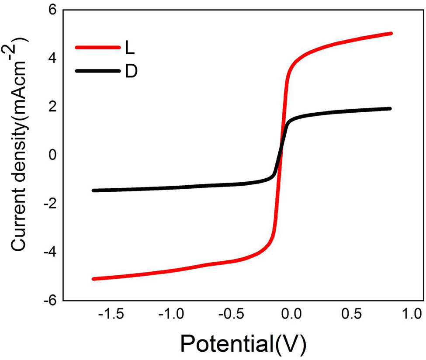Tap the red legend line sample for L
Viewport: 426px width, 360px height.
(97, 47)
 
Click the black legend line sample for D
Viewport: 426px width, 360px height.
(97, 71)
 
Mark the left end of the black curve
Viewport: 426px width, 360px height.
(94, 190)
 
